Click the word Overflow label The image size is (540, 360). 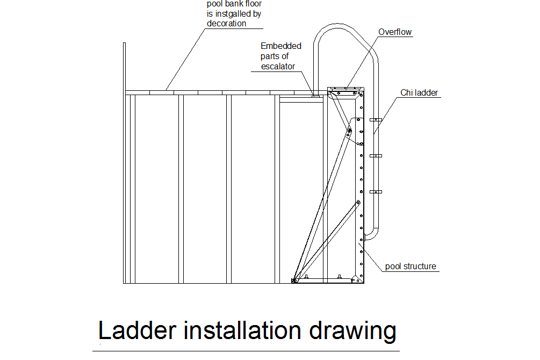click(x=395, y=32)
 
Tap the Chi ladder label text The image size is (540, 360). click(x=419, y=92)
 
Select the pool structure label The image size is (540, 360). click(x=411, y=267)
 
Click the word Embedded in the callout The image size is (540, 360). click(x=280, y=46)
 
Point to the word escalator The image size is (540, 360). click(x=278, y=67)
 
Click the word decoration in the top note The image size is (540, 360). click(x=226, y=24)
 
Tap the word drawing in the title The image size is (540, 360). click(x=352, y=332)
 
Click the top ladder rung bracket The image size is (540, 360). click(x=376, y=120)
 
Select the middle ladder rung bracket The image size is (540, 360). click(x=376, y=156)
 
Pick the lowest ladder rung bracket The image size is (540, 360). click(x=376, y=191)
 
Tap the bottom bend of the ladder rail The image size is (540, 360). click(x=373, y=235)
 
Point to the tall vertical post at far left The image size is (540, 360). click(x=124, y=163)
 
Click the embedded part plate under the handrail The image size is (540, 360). click(x=315, y=96)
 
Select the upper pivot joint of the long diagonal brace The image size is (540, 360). click(x=349, y=131)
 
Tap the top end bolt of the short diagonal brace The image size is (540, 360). click(x=358, y=203)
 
